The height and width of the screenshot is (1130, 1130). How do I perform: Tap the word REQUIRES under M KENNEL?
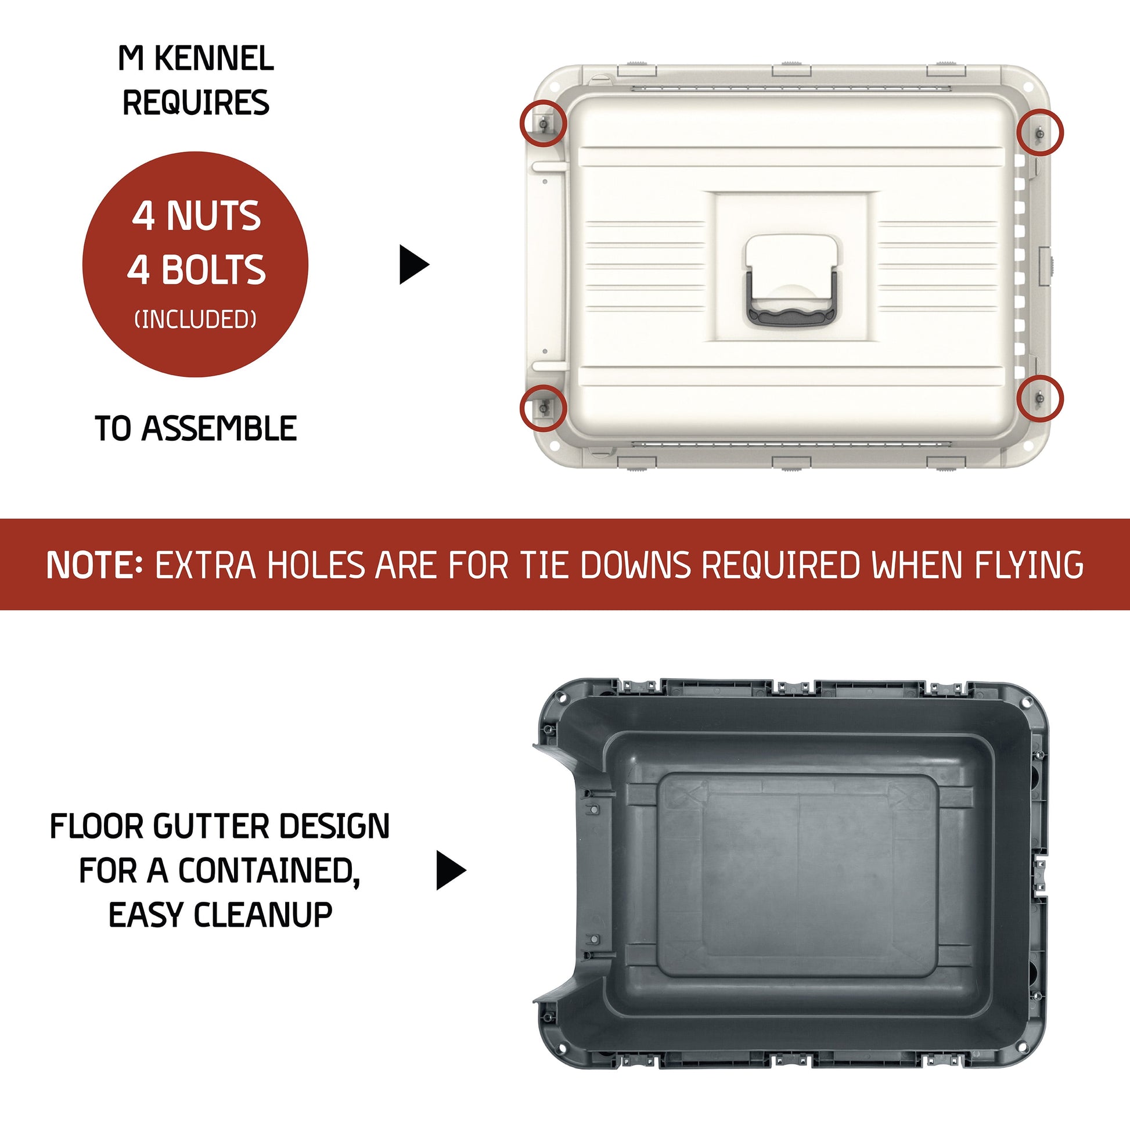[196, 102]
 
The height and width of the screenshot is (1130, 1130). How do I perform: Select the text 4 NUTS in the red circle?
[196, 216]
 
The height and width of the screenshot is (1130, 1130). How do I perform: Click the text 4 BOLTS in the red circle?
[196, 269]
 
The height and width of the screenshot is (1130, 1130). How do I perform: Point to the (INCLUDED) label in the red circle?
[195, 319]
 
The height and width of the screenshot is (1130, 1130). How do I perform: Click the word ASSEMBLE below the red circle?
[219, 429]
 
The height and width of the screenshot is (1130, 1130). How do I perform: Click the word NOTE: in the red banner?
[94, 565]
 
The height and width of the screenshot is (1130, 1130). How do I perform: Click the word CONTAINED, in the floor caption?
[268, 872]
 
